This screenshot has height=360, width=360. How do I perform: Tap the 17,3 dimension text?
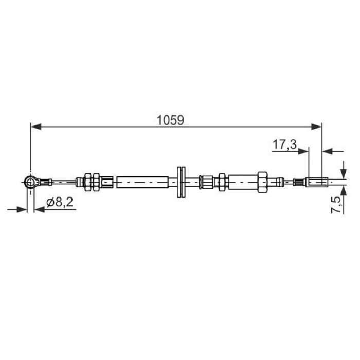tap(284, 145)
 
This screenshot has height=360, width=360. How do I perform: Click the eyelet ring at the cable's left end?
tap(31, 181)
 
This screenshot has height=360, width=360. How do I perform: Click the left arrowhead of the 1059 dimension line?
tap(35, 125)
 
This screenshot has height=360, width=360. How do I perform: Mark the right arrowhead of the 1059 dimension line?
tap(317, 125)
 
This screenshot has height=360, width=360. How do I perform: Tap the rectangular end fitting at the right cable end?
tap(316, 181)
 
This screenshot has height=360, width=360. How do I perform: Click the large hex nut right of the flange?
tap(262, 181)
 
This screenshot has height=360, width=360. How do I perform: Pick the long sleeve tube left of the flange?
tap(142, 181)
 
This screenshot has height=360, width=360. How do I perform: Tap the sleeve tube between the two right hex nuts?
tap(242, 181)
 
